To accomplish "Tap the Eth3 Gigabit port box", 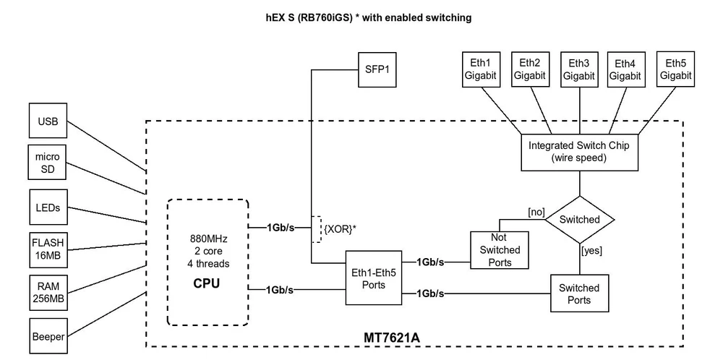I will [x=578, y=69].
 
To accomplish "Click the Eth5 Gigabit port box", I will [x=675, y=69].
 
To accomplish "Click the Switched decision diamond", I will [x=580, y=220].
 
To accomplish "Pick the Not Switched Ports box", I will [x=500, y=249].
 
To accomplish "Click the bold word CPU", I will [x=206, y=284].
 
